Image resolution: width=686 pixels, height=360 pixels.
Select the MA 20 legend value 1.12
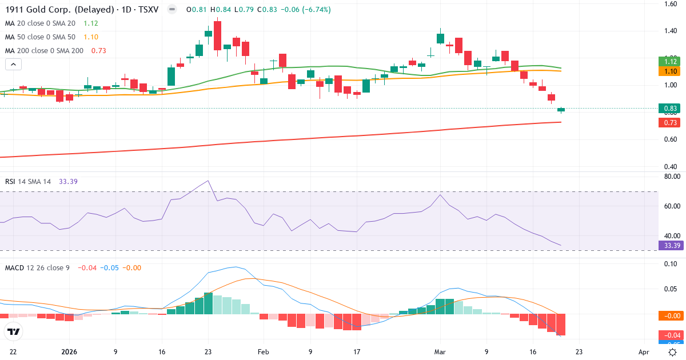[91, 23]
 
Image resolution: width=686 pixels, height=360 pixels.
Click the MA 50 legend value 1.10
[91, 37]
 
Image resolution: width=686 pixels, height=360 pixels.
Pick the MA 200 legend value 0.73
[98, 51]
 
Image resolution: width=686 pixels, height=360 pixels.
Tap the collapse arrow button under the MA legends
[13, 64]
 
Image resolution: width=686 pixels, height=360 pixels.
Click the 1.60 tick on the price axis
[671, 4]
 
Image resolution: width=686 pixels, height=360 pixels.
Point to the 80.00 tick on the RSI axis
[671, 177]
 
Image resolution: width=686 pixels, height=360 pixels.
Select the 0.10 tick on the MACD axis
[671, 264]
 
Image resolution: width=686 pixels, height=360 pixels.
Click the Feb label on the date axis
[263, 353]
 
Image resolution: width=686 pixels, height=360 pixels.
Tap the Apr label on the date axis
[644, 353]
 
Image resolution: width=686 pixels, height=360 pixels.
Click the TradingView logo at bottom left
[14, 331]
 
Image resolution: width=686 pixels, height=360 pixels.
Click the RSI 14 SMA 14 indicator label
[28, 181]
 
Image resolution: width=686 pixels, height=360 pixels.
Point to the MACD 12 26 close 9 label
[37, 267]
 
